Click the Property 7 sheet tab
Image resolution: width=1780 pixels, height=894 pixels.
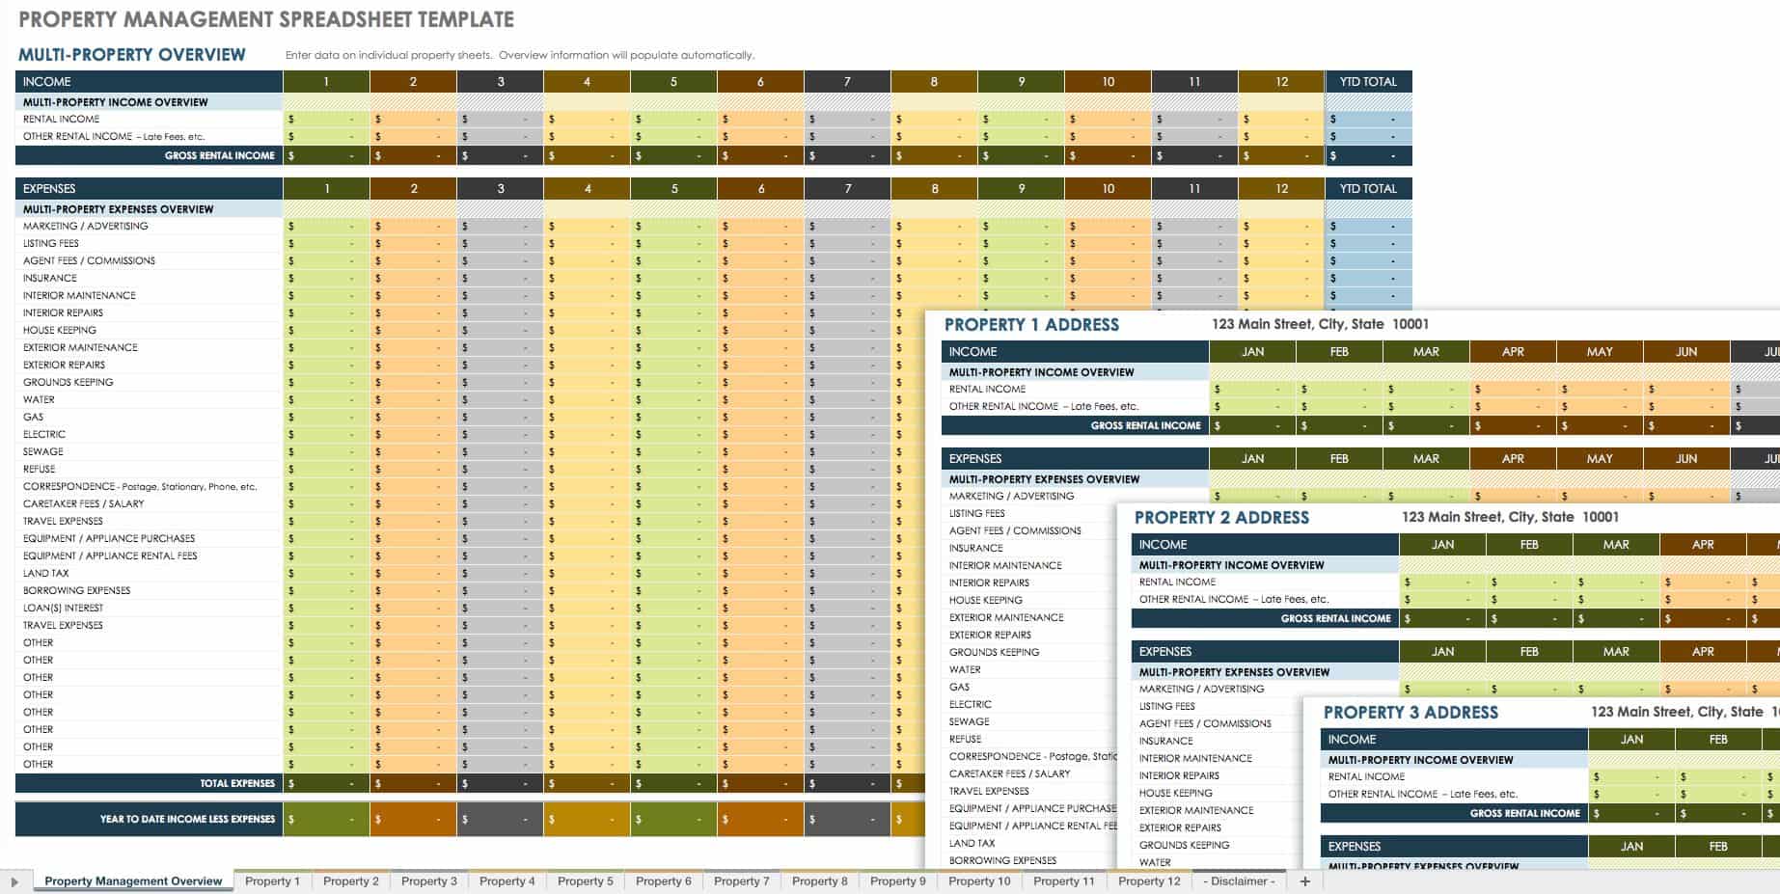(741, 880)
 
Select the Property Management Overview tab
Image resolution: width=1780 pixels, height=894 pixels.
(133, 880)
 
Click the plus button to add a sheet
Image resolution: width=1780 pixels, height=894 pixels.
(1305, 880)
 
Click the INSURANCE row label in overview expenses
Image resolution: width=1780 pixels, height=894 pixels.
(50, 278)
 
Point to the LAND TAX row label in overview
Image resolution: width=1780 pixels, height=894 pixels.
(46, 573)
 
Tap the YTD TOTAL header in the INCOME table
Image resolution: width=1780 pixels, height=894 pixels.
(1367, 82)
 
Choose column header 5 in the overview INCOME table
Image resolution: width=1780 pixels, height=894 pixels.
(673, 82)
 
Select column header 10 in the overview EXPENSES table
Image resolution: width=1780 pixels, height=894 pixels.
(1108, 189)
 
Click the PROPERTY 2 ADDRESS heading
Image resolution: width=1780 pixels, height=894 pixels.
(1221, 518)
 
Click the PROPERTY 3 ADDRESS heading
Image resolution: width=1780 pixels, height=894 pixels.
(1410, 713)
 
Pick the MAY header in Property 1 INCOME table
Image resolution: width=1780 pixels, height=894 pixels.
(1599, 352)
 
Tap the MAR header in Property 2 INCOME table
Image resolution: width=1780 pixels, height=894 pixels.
(1615, 545)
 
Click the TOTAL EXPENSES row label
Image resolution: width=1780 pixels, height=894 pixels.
(236, 783)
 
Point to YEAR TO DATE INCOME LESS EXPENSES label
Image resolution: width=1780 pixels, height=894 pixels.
(187, 819)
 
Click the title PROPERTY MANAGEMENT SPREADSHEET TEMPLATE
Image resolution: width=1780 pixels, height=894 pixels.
(266, 19)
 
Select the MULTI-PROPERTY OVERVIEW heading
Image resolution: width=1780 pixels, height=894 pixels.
(132, 55)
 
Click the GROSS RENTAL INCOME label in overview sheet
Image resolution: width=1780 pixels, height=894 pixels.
(219, 155)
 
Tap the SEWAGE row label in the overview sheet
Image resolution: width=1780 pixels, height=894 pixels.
(43, 451)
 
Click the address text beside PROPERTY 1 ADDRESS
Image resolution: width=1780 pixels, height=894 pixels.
(1320, 324)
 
